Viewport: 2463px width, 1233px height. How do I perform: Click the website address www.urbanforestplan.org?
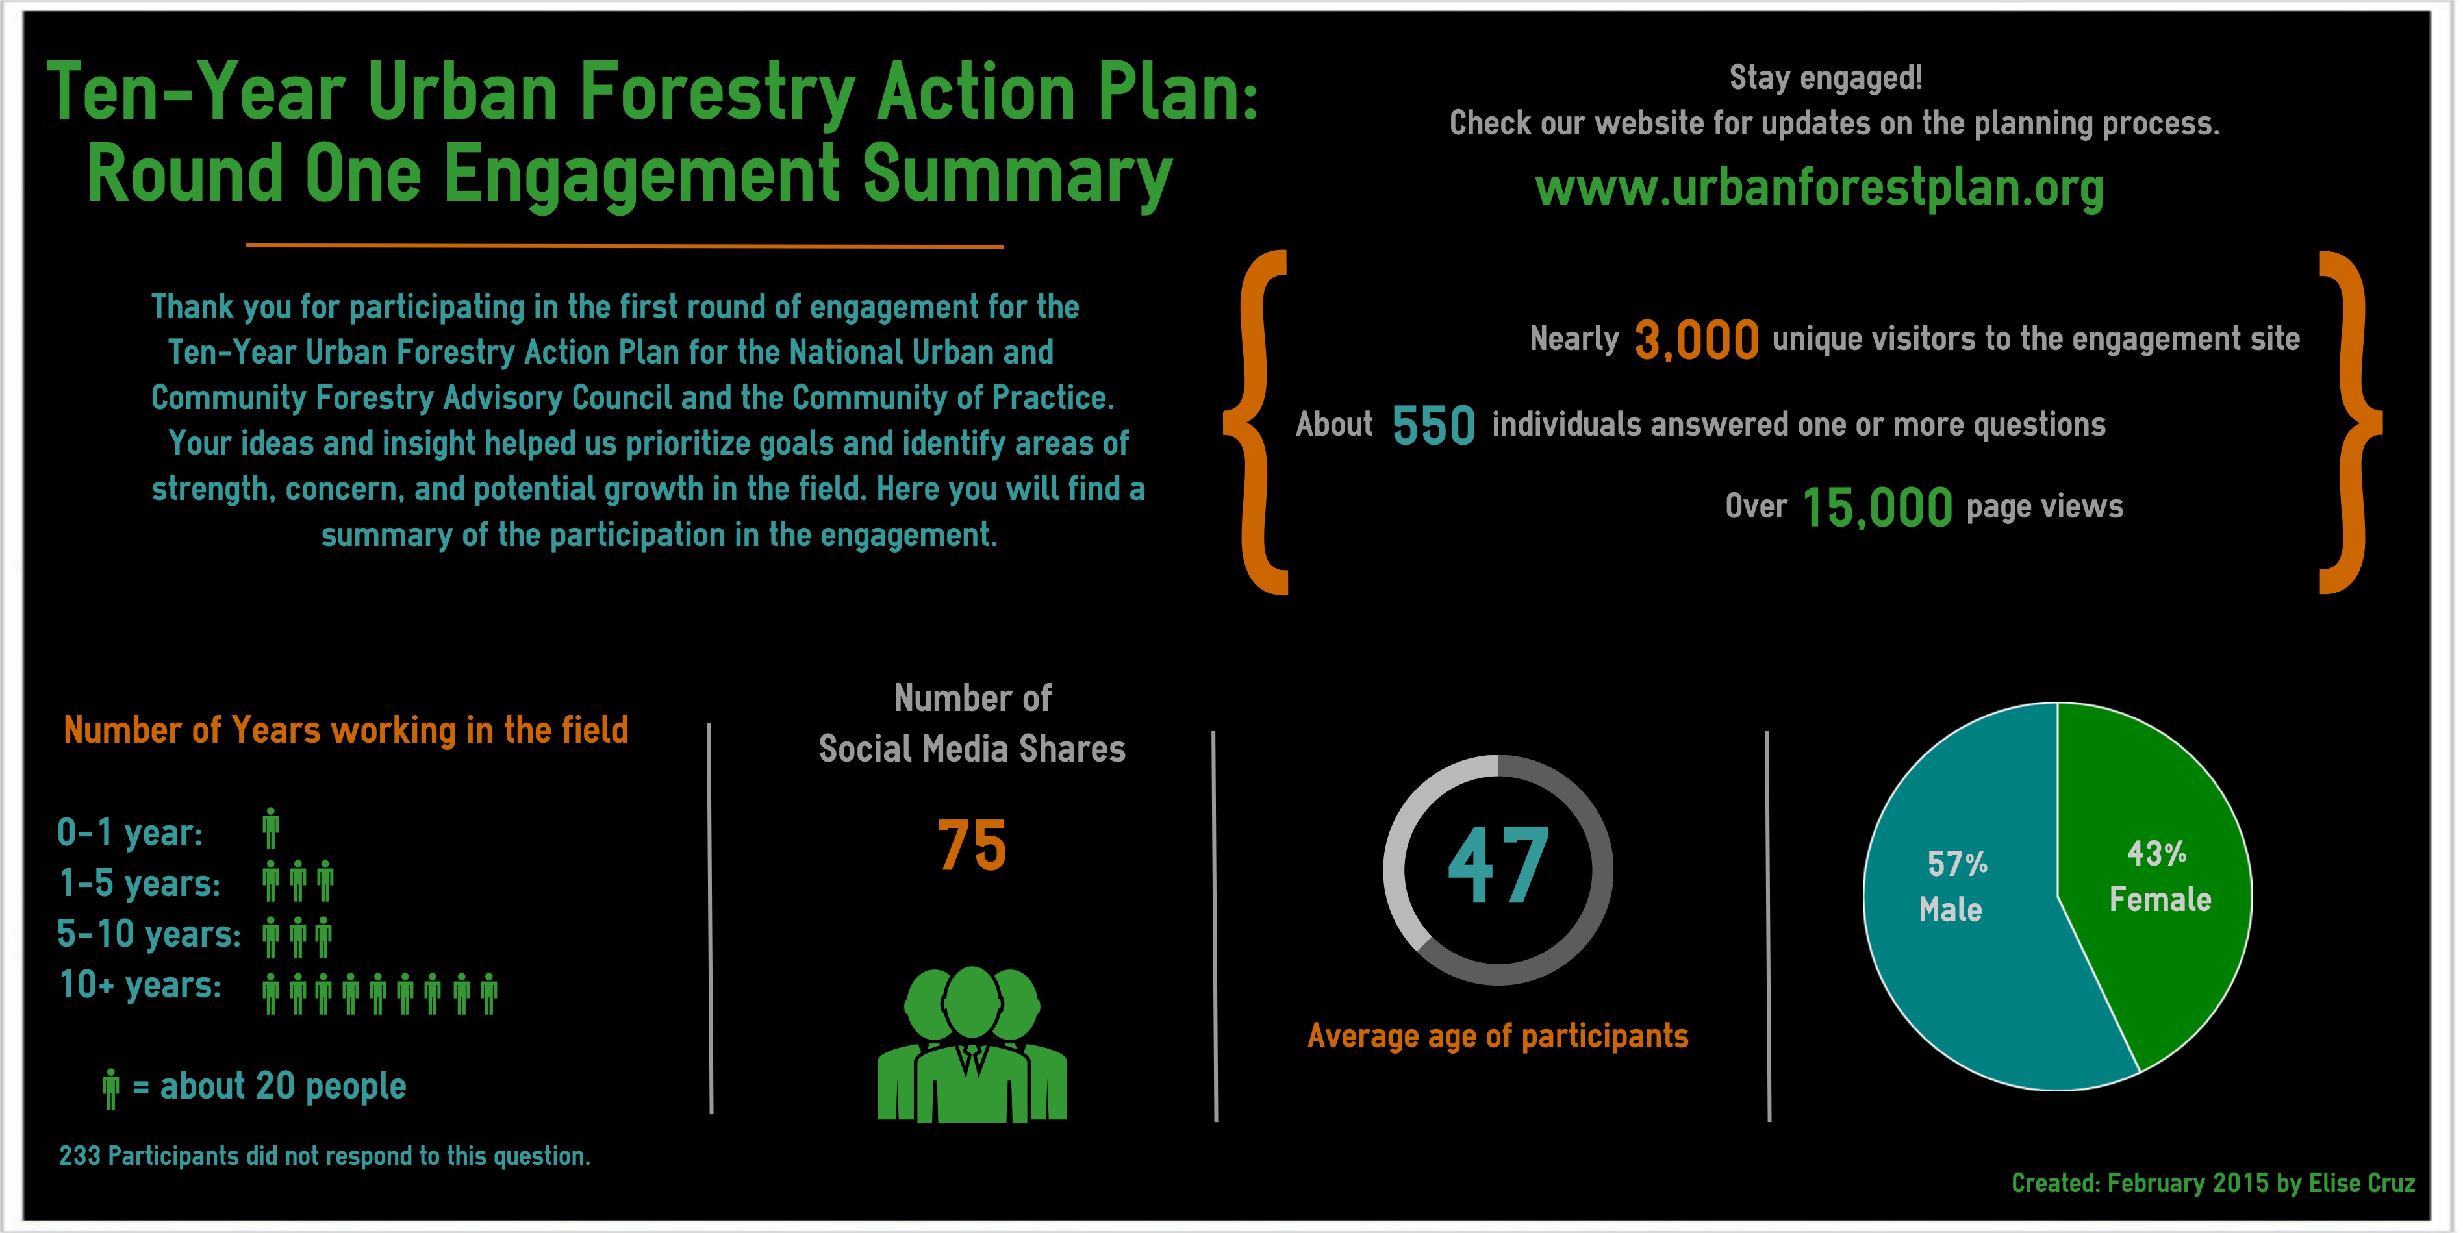[x=1819, y=188]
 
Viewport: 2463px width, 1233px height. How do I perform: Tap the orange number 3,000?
[x=1696, y=340]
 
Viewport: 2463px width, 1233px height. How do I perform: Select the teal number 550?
[x=1434, y=425]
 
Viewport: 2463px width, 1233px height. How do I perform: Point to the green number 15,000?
[x=1877, y=506]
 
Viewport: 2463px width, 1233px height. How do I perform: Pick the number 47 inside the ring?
[x=1497, y=866]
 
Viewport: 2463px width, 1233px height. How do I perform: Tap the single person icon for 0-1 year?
[x=271, y=828]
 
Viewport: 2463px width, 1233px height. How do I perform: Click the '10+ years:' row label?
[x=140, y=984]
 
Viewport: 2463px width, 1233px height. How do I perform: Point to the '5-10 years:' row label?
[x=149, y=934]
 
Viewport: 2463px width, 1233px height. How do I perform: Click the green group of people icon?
[x=972, y=1044]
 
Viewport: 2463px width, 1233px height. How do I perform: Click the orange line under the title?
[x=624, y=245]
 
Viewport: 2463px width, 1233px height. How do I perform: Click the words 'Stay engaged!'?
[x=1825, y=77]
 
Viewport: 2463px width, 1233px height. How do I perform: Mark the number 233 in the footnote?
[x=79, y=1156]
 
